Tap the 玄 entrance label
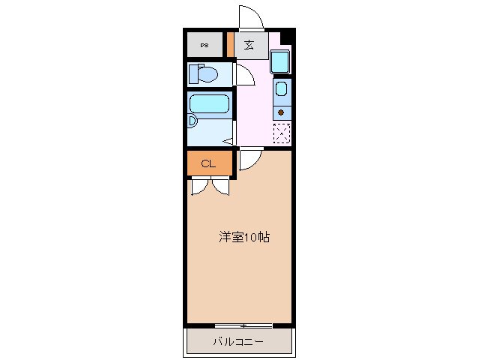248,45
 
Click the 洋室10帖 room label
244,237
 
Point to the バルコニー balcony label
238,342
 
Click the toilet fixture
202,74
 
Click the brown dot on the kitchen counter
281,112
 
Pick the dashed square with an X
282,132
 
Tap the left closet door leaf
200,185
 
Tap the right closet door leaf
222,185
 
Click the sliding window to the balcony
243,325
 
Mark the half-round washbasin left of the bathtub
192,120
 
